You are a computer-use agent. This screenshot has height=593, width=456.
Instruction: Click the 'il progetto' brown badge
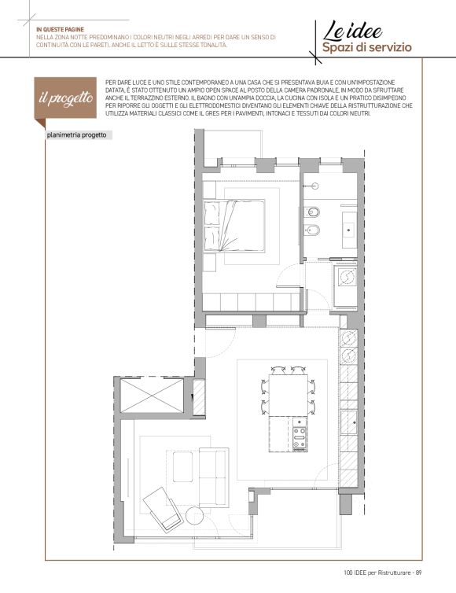[x=65, y=98]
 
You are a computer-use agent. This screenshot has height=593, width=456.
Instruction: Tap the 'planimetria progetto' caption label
[x=77, y=135]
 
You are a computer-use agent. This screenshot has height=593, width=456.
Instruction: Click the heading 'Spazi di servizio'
[x=367, y=48]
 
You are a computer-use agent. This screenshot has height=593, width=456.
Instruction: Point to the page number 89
[x=418, y=573]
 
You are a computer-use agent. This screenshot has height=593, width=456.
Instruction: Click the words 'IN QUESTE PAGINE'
[x=60, y=30]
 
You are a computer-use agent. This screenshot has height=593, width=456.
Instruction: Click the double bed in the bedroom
[x=234, y=227]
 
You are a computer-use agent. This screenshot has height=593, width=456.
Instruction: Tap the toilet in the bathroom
[x=312, y=212]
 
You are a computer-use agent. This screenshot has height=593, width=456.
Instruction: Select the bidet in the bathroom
[x=312, y=230]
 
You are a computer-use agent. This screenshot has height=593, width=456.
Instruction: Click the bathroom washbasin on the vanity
[x=349, y=229]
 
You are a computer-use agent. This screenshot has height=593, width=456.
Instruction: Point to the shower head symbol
[x=314, y=186]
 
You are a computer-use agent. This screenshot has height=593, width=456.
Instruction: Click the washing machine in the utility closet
[x=346, y=277]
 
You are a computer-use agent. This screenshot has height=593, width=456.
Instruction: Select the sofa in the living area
[x=214, y=477]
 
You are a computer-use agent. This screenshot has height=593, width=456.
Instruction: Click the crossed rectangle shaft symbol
[x=152, y=396]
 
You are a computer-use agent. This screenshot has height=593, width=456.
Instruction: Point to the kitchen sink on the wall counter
[x=348, y=422]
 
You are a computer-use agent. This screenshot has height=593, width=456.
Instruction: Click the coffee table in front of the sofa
[x=182, y=466]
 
